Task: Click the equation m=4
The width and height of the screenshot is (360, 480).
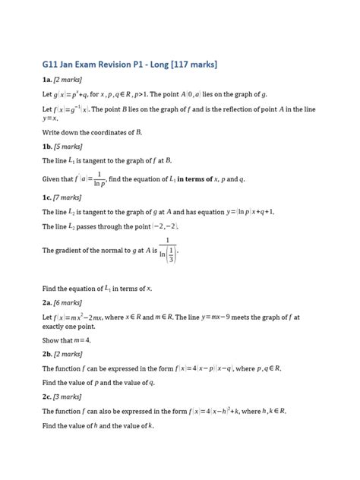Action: pos(79,340)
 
